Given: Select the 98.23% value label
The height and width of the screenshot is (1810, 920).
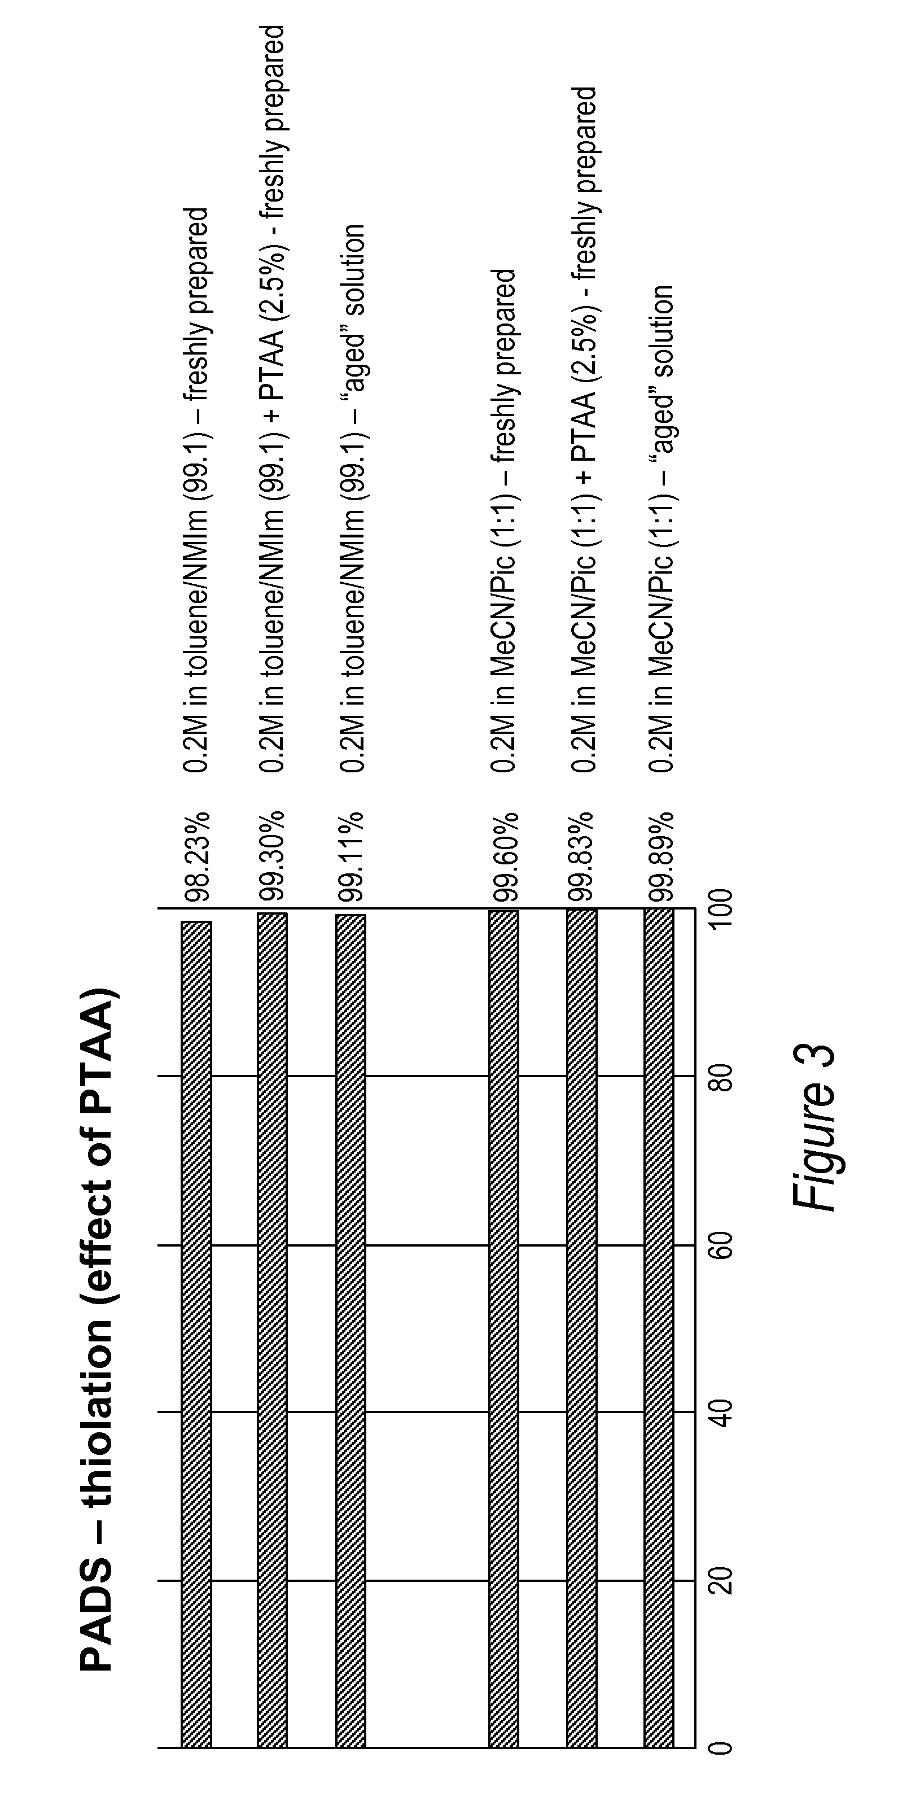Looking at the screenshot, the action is tap(196, 856).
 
